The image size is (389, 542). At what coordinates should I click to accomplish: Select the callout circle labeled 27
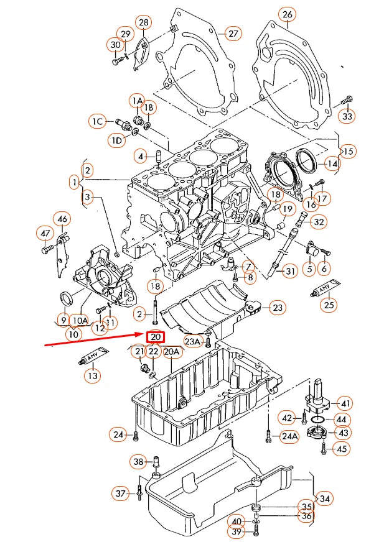pos(233,34)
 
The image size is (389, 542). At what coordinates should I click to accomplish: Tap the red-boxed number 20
pos(155,338)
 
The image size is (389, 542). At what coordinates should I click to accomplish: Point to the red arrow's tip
pos(144,334)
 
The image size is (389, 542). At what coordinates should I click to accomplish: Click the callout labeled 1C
pos(97,122)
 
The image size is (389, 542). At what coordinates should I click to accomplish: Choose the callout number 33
pos(348,116)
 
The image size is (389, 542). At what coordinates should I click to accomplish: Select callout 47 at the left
pos(45,233)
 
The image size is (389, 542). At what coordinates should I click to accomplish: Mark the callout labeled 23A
pos(193,341)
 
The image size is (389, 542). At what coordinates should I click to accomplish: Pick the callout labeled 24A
pos(289,436)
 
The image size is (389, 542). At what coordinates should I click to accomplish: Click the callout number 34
pos(324,498)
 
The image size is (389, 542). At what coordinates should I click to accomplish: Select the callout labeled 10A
pos(80,320)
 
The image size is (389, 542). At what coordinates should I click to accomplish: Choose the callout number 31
pos(290,271)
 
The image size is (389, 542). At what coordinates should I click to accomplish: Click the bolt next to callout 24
pos(135,435)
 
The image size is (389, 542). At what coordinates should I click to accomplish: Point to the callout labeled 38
pos(138,461)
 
